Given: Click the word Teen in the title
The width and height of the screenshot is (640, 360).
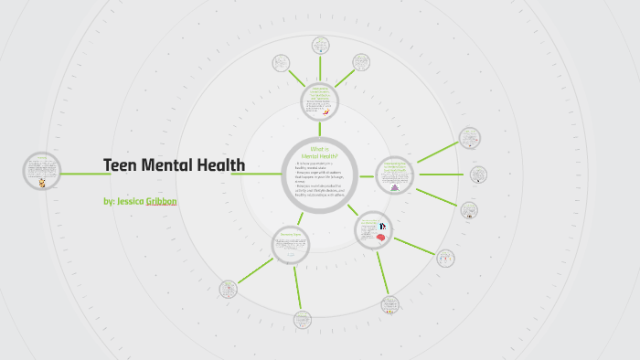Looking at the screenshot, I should click(x=121, y=165).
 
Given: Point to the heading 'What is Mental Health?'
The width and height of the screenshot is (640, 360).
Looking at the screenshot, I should click(x=319, y=153).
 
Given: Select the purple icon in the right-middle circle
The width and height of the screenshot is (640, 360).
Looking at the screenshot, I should click(x=395, y=187).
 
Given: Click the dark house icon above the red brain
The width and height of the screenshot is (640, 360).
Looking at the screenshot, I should click(x=384, y=226).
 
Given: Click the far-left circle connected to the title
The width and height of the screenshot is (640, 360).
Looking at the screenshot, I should click(x=42, y=170).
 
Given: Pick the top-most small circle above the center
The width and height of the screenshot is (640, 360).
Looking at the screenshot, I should click(x=321, y=45).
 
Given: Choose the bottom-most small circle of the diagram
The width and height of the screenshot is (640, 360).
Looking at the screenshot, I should click(x=303, y=320).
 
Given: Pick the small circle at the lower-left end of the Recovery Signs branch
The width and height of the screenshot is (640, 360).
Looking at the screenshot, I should click(x=229, y=290).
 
